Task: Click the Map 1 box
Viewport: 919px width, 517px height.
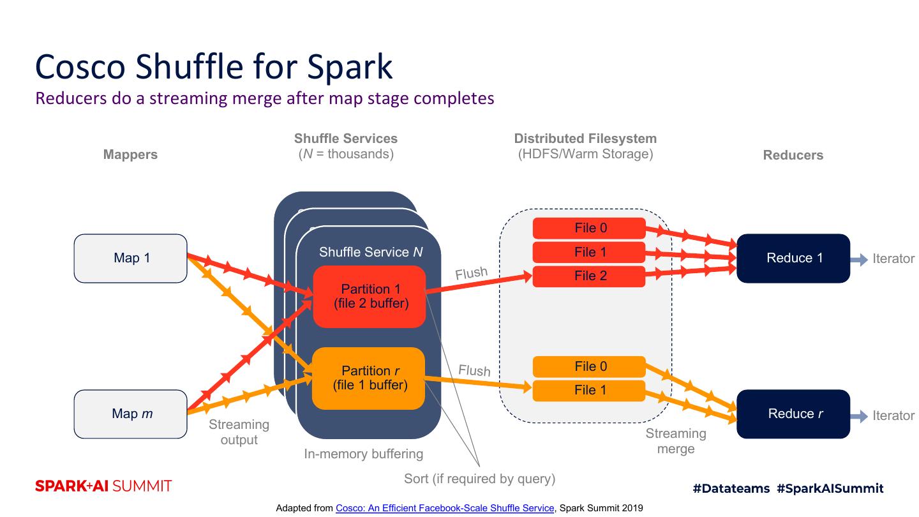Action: [x=130, y=258]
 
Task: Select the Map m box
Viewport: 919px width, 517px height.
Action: [x=130, y=414]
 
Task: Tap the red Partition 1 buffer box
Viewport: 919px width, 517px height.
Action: [x=370, y=297]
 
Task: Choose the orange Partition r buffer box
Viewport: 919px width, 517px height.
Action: [x=368, y=378]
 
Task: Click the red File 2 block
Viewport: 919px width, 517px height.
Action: [x=589, y=276]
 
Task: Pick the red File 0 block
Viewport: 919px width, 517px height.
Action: [x=589, y=228]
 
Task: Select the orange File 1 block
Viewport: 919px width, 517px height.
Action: [x=589, y=391]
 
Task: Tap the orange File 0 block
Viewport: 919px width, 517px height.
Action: [x=589, y=366]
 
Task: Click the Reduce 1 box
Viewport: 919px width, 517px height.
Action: [x=793, y=258]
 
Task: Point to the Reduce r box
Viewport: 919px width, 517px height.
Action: [x=793, y=414]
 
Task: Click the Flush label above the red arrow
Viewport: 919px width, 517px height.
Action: [x=472, y=273]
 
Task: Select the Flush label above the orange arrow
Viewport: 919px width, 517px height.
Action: [x=474, y=370]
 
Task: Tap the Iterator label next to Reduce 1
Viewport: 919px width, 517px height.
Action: [x=893, y=258]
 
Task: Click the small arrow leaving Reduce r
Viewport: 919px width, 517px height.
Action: [x=859, y=416]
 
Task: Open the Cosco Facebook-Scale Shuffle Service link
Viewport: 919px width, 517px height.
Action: [x=445, y=508]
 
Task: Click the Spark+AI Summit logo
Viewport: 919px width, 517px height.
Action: [x=103, y=486]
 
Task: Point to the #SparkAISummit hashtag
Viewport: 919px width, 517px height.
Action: [x=830, y=488]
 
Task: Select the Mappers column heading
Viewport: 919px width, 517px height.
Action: [x=130, y=154]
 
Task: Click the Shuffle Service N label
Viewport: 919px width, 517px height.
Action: [x=371, y=252]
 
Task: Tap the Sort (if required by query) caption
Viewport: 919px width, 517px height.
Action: [x=480, y=479]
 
